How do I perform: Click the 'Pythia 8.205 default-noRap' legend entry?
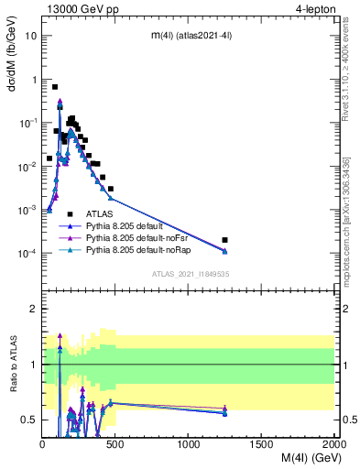tap(141, 249)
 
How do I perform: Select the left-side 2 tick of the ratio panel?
tap(35, 309)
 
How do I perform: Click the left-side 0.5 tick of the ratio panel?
tap(31, 420)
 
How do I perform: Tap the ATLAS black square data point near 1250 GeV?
tap(225, 240)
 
